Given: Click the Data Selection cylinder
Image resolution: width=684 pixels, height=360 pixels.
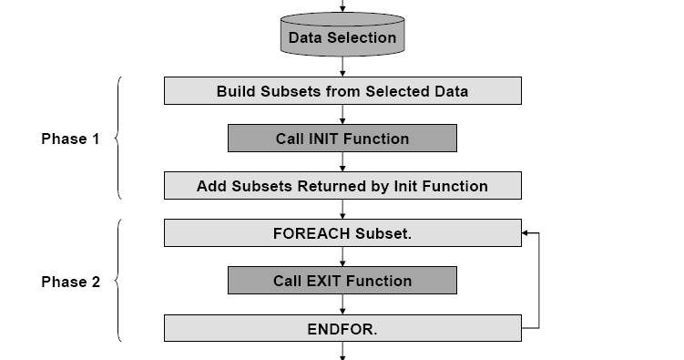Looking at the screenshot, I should [x=342, y=37].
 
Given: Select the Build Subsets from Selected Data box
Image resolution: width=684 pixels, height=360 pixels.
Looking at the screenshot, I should [x=342, y=91].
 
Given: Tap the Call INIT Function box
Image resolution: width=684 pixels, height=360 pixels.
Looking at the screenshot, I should [x=342, y=139].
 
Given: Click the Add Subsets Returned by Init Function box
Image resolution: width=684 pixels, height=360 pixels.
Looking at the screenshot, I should [x=342, y=186].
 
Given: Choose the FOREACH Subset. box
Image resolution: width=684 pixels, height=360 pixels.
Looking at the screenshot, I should [x=342, y=233].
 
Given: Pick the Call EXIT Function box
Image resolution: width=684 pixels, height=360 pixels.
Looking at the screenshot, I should [x=342, y=281].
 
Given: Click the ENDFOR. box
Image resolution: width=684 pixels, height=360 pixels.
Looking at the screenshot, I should [x=342, y=328].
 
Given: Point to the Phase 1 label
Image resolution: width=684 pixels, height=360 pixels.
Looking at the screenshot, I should [x=70, y=139].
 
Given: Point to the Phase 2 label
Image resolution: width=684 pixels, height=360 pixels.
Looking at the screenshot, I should [x=70, y=282].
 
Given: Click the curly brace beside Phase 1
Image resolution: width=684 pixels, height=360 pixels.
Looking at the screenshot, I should [x=117, y=139].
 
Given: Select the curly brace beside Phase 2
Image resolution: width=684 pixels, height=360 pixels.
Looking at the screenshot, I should [x=117, y=282].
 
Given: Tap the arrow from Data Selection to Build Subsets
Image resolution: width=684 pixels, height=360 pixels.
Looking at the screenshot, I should [x=342, y=67].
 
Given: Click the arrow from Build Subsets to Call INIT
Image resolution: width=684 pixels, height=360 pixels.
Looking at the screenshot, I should [x=342, y=115].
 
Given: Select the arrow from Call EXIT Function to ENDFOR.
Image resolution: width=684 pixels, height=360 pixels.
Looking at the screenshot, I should [x=342, y=304].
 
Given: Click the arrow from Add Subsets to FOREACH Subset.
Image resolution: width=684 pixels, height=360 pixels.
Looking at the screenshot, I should [x=342, y=210].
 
